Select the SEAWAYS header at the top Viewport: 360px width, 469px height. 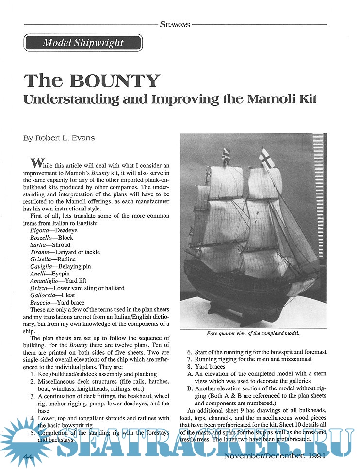coord(174,23)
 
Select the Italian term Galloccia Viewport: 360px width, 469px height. coord(43,295)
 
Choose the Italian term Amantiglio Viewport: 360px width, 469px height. coord(44,281)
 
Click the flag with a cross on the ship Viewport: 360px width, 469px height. coord(266,158)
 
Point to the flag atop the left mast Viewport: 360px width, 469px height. coord(225,155)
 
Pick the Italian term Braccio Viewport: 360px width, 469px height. coord(40,302)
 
